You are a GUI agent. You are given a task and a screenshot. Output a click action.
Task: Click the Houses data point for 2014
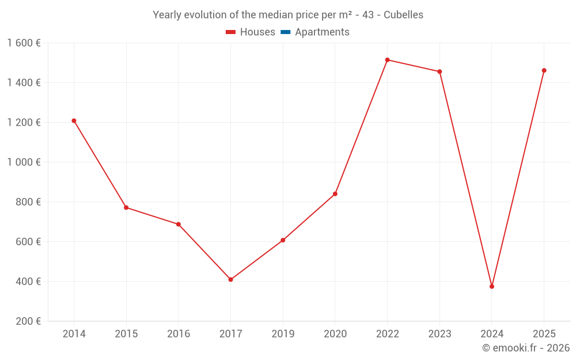pos(74,121)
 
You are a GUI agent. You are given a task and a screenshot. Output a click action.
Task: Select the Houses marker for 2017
pos(230,280)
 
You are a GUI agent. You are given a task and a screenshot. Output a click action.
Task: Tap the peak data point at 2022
pos(387,60)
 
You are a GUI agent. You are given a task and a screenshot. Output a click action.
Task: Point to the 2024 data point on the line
pos(492,286)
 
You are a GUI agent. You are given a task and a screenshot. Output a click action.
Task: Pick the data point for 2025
pos(544,70)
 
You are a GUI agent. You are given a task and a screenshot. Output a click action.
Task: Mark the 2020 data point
pos(335,194)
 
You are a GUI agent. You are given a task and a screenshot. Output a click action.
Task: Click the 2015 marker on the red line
pos(126,207)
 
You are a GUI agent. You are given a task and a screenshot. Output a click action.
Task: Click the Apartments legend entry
pos(322,32)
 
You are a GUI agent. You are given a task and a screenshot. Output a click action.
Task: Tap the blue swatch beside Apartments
pos(285,32)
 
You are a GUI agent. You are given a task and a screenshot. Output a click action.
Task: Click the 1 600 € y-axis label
pos(24,43)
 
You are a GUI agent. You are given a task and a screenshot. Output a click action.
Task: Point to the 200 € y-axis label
pos(29,321)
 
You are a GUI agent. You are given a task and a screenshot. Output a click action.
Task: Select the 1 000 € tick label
pos(24,162)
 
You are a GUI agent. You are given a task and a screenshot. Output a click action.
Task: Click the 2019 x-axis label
pos(283,334)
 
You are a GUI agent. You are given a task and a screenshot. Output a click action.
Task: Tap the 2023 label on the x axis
pos(439,334)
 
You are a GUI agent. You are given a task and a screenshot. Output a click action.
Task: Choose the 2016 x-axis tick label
pos(179,334)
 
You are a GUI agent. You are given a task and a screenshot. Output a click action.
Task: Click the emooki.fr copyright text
pos(526,348)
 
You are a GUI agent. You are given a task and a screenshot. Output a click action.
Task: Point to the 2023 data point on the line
pos(439,71)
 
